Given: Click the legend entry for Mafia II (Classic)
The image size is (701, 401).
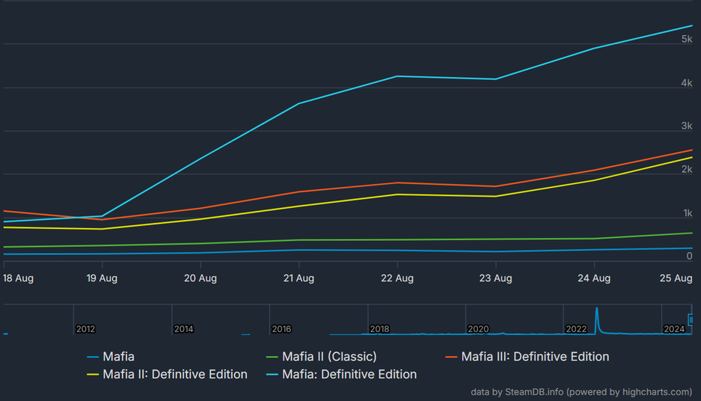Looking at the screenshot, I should [x=329, y=357].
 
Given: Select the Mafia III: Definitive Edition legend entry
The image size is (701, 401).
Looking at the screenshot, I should [x=535, y=357].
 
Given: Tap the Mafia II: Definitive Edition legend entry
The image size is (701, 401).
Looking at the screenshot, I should [x=174, y=374].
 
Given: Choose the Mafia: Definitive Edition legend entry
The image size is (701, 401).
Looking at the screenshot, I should [x=349, y=374].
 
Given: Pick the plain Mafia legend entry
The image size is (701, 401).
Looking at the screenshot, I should [x=118, y=357].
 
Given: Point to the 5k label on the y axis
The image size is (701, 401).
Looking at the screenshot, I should [x=686, y=39].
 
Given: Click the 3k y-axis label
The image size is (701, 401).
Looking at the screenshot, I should [x=686, y=126].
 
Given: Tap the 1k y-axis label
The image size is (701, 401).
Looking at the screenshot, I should [x=687, y=213].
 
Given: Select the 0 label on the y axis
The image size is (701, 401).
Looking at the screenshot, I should [x=689, y=256].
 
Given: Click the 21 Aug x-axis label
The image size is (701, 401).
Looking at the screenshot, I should [x=299, y=278].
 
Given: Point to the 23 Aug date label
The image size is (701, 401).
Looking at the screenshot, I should [x=495, y=278].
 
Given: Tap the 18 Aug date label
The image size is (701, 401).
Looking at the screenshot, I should [x=18, y=278].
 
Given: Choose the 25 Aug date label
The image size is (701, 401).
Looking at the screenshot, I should [x=676, y=278].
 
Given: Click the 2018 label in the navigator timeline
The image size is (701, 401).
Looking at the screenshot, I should [x=379, y=329].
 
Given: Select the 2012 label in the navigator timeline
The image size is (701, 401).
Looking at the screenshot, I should [x=85, y=329].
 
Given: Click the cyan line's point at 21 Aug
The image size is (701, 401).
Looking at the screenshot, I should [x=299, y=104].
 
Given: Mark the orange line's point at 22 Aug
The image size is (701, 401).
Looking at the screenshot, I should [x=397, y=183].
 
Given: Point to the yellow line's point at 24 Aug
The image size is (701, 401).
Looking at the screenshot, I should [x=594, y=180].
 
